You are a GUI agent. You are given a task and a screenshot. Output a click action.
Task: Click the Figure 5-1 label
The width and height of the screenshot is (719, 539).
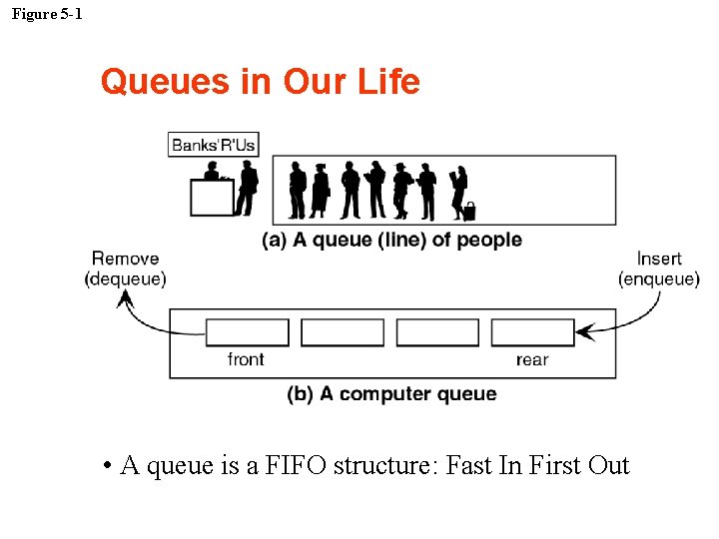coord(47,14)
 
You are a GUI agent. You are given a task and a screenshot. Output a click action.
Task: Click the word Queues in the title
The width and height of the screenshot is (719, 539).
coord(166,81)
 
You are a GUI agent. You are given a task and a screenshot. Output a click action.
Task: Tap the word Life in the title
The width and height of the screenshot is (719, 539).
coord(387,81)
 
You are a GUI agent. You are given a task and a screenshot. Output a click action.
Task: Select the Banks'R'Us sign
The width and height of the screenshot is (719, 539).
coord(213,145)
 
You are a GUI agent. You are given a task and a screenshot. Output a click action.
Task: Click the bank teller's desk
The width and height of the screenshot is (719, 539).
coord(211,198)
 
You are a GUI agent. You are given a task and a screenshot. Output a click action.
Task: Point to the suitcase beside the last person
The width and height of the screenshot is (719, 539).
coord(468,212)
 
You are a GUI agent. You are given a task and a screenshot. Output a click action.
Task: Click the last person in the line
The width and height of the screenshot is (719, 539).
coord(458,190)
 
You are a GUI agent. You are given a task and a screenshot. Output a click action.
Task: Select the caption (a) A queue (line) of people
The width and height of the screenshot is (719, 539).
coord(391,240)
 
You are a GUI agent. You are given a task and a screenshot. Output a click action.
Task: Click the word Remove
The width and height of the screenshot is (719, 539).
coord(125,259)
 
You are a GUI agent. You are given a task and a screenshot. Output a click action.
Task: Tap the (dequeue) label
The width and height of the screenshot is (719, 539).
coord(125,278)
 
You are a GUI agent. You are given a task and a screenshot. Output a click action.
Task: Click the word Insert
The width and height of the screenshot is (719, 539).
coord(659,259)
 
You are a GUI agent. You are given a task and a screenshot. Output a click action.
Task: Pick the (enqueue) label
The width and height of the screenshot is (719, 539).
coord(659,278)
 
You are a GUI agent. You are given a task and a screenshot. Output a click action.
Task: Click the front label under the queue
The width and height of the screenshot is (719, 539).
coord(246,359)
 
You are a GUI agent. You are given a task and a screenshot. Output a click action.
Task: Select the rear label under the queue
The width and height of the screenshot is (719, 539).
coord(532,359)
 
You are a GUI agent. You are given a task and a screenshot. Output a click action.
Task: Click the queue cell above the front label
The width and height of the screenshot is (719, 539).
coord(247,332)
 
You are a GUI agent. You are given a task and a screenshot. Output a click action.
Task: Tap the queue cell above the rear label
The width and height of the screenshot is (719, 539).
coord(532,332)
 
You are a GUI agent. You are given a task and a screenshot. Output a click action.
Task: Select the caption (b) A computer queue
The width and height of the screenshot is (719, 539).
coord(391,394)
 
